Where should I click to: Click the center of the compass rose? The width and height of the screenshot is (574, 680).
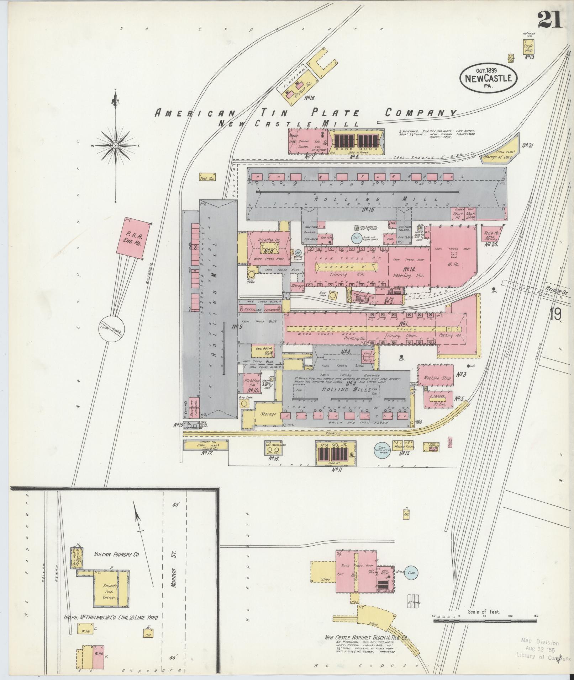tap(116, 146)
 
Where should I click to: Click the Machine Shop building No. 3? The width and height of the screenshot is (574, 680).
tap(436, 378)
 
